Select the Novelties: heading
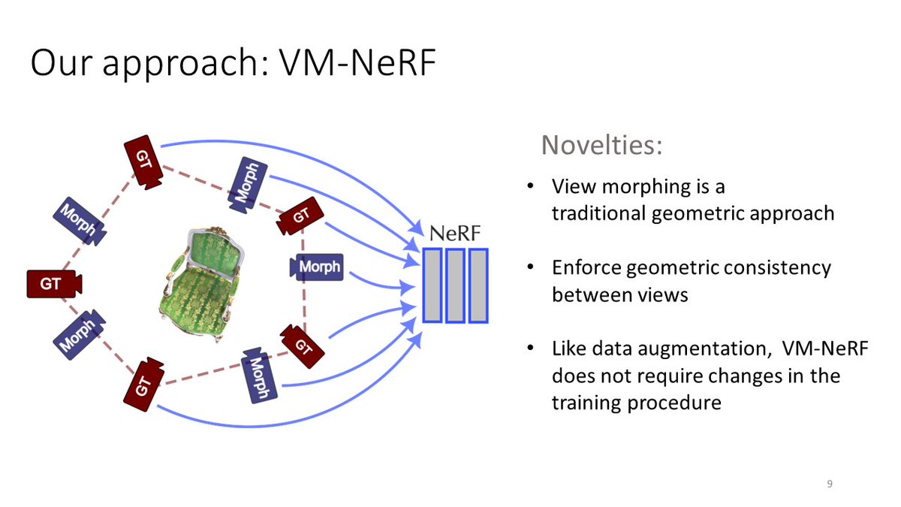pyautogui.click(x=602, y=145)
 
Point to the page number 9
pyautogui.click(x=830, y=483)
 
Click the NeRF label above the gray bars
pyautogui.click(x=454, y=233)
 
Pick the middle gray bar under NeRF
pyautogui.click(x=455, y=285)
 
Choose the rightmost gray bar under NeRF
pyautogui.click(x=478, y=285)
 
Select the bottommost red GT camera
pyautogui.click(x=145, y=384)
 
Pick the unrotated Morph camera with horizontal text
pyautogui.click(x=317, y=267)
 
